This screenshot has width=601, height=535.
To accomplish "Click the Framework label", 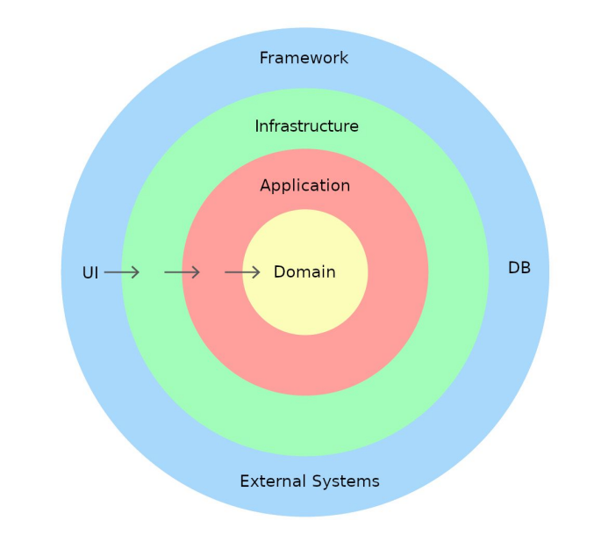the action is [x=304, y=58].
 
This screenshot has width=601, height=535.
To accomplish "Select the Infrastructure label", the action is [x=306, y=127].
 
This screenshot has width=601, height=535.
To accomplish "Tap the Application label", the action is [x=304, y=186].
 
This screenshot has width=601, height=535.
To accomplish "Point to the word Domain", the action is [x=304, y=272].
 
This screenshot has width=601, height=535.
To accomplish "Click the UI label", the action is [x=90, y=273].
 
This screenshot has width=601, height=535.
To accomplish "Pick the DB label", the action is [x=519, y=268].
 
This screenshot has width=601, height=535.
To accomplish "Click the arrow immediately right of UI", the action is [x=122, y=272].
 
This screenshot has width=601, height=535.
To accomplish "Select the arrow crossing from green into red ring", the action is [x=182, y=272].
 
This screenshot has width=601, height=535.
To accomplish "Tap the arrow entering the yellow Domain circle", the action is [x=242, y=272].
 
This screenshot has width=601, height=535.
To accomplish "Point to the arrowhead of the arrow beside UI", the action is [x=135, y=272].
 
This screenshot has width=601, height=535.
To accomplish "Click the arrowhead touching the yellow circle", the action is [x=256, y=272].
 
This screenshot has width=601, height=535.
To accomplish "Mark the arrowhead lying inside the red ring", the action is [x=196, y=272].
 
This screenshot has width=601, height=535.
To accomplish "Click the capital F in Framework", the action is [x=264, y=58].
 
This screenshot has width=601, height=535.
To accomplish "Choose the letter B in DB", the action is [x=526, y=268].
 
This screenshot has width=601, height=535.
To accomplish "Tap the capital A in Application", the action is [x=266, y=186].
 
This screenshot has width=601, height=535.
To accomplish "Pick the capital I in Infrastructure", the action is [x=257, y=127].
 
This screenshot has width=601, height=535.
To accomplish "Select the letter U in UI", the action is [x=88, y=273].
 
